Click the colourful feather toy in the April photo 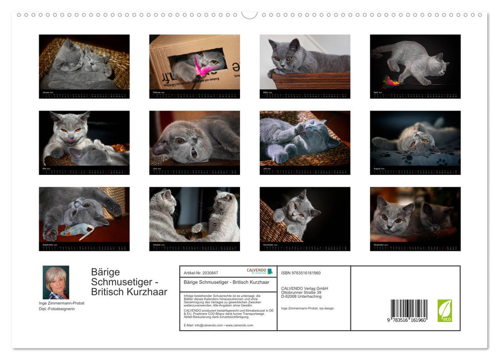pos(390,81)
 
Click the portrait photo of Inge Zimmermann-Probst pos(56,282)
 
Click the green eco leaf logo pos(445,311)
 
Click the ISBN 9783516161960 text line pos(301,273)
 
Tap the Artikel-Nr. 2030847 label pos(201,273)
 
